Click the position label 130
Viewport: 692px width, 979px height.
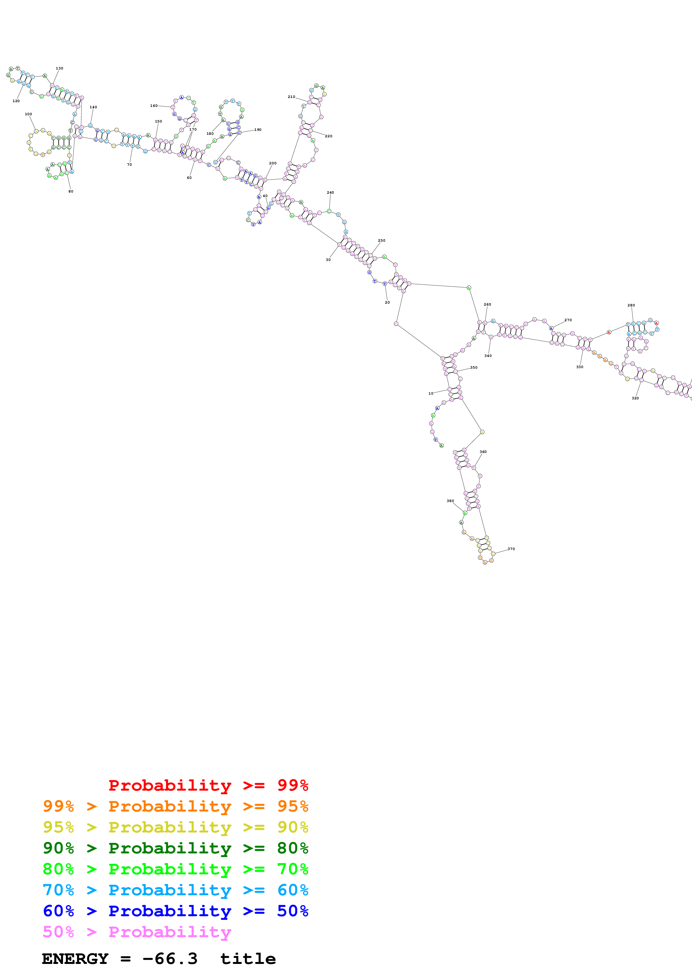click(59, 68)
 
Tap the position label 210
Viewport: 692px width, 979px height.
click(291, 97)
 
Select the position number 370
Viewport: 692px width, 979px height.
click(511, 549)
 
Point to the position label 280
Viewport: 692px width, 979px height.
click(631, 305)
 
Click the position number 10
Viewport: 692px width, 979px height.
click(431, 393)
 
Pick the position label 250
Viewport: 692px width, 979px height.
click(382, 241)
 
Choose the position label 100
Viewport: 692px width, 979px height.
click(28, 114)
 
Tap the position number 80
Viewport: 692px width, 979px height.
click(71, 191)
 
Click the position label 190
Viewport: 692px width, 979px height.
click(258, 129)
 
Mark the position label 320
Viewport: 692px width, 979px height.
click(635, 398)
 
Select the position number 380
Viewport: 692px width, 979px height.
click(450, 501)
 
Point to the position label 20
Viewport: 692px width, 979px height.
click(387, 302)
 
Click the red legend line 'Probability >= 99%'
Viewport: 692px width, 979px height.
click(208, 785)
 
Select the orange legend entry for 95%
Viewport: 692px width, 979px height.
click(176, 806)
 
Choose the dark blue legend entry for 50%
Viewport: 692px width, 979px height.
click(176, 911)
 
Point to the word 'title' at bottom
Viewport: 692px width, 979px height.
click(248, 959)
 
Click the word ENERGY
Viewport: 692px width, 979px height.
click(75, 959)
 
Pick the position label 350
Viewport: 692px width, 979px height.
click(474, 368)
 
